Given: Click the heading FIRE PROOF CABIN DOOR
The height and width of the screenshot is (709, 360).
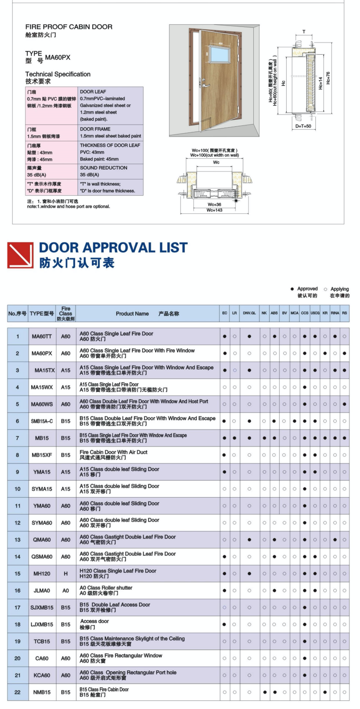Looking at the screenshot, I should pos(69,27).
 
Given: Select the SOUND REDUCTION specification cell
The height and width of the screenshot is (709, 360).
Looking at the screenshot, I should pos(111,171).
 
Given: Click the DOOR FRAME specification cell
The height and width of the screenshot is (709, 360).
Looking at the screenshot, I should pos(111,132).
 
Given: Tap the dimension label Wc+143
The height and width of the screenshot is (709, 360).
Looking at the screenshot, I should pos(214,210).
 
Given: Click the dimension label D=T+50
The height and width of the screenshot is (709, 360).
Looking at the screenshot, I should pos(303,126).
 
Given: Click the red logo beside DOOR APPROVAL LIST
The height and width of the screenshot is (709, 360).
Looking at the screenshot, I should pos(20,255).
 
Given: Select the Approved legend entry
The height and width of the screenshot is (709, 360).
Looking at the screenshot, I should pos(304,289).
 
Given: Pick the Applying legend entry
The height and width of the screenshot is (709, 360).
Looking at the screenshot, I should pos(337,289).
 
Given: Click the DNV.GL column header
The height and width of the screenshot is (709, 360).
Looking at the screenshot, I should pos(249,313).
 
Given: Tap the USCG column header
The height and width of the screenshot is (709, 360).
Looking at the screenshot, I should pos(315,313).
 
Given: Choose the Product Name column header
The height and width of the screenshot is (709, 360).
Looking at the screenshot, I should pos(147,314).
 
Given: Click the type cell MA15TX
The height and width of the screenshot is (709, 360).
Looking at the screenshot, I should pos(45,370).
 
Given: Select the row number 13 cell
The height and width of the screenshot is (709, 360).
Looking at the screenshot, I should pos(18,540).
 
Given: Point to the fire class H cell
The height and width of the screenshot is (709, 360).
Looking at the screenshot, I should pos(65,574).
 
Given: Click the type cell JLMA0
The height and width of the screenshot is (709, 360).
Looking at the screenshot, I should pos(42,591).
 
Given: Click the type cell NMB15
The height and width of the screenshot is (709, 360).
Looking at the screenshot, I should pos(42,692).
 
